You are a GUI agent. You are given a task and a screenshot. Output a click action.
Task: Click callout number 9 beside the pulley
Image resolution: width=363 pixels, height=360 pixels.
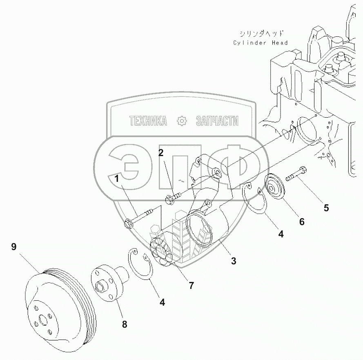pyautogui.click(x=14, y=247)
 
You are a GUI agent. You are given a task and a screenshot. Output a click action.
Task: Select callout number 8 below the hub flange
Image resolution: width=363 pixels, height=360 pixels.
pyautogui.click(x=125, y=324)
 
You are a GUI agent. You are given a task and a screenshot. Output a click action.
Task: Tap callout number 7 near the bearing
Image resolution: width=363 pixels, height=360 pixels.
pyautogui.click(x=191, y=286)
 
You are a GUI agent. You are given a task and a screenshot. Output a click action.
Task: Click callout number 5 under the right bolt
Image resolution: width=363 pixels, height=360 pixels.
pyautogui.click(x=326, y=208)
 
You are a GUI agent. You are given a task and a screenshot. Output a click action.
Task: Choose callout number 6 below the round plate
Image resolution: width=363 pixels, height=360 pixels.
pyautogui.click(x=301, y=221)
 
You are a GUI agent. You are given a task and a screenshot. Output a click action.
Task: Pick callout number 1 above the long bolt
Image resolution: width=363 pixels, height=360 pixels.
pyautogui.click(x=117, y=179)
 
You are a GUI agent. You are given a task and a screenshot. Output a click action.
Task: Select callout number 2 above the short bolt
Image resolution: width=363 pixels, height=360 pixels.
pyautogui.click(x=161, y=153)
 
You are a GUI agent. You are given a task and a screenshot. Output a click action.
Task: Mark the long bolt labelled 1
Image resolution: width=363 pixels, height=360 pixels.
pyautogui.click(x=139, y=217)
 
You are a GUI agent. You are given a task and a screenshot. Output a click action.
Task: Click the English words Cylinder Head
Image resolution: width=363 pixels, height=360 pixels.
pyautogui.click(x=261, y=42)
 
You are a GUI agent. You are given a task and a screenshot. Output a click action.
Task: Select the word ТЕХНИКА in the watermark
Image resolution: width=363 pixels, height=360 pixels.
pyautogui.click(x=148, y=121)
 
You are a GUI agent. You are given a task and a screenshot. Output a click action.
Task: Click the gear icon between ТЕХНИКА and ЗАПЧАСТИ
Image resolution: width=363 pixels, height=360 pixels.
pyautogui.click(x=181, y=121)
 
